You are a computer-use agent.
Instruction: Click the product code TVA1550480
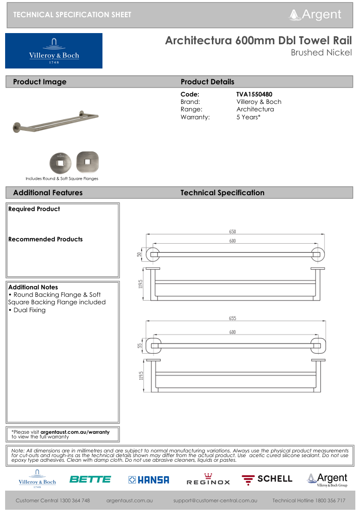254,94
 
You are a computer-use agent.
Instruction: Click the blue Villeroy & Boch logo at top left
54,51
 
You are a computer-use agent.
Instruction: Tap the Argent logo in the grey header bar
315,14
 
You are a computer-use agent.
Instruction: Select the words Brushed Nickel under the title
321,53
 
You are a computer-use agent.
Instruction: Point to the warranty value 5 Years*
248,117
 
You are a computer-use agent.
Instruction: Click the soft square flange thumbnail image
87,162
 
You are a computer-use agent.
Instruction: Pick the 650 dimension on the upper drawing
232,232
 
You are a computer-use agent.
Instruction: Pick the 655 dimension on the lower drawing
232,319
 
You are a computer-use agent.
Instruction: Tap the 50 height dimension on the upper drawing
139,254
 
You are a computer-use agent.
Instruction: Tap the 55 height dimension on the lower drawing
139,346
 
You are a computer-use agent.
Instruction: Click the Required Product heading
34,209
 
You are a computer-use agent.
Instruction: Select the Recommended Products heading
45,239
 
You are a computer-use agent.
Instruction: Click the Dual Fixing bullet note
27,310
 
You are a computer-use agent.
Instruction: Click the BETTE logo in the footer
90,479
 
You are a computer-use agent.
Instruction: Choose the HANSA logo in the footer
149,479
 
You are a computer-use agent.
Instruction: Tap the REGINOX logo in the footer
208,480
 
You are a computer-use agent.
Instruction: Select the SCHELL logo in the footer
267,479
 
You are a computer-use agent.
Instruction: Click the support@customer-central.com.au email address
215,501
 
